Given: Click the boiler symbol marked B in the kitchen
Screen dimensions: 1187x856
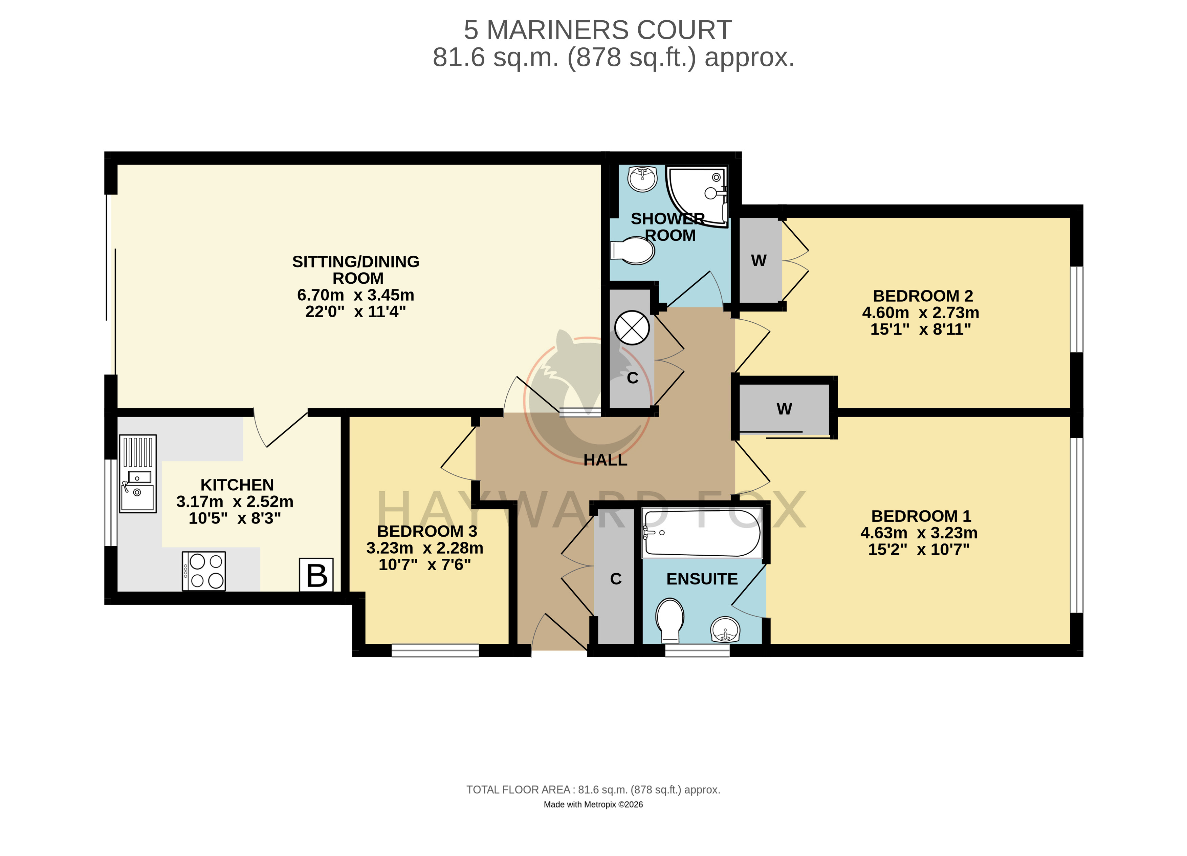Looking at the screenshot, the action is tap(316, 575).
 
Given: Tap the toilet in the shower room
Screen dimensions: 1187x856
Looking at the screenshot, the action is tap(633, 250).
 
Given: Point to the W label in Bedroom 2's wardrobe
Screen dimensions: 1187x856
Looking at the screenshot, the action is tap(759, 260).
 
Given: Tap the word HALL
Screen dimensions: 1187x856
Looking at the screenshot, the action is tap(606, 460).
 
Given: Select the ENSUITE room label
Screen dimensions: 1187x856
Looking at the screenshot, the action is tap(702, 579).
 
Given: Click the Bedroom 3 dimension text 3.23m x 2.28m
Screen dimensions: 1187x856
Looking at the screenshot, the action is tap(424, 548).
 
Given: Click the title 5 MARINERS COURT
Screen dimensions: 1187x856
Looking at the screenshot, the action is tap(598, 30).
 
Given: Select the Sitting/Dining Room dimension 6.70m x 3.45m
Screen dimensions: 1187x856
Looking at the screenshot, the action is tap(356, 295).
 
